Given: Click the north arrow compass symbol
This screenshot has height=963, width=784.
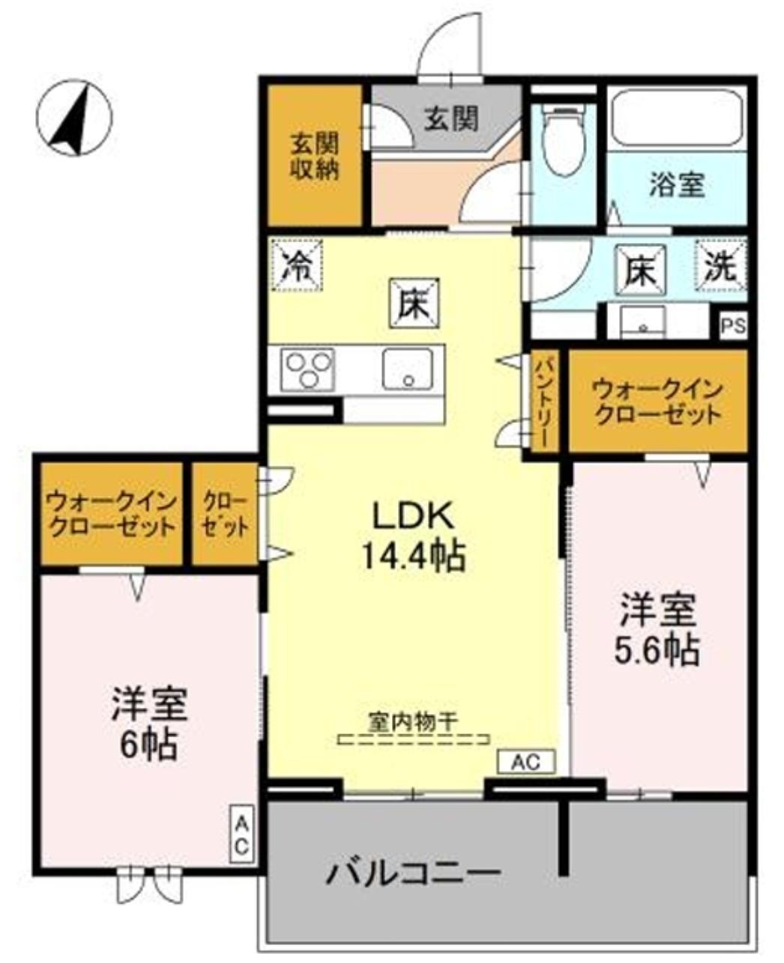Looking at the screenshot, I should [x=74, y=118].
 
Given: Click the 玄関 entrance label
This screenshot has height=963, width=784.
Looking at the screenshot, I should [x=451, y=118].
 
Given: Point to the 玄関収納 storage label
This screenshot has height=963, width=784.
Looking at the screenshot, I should [x=314, y=156].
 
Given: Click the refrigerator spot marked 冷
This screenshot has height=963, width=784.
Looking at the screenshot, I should [x=298, y=265].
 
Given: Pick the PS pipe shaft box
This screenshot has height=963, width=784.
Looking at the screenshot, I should [x=733, y=327].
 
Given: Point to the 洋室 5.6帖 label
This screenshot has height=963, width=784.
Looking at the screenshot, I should [x=658, y=630].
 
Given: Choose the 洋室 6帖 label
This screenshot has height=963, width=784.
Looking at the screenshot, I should [x=148, y=723].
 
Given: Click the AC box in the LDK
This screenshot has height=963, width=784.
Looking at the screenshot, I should [x=526, y=762].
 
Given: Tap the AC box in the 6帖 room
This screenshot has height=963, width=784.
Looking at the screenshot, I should [x=242, y=834].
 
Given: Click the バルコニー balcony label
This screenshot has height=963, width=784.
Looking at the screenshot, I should [x=412, y=873].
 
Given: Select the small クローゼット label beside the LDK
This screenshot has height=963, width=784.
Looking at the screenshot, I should [x=226, y=513].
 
